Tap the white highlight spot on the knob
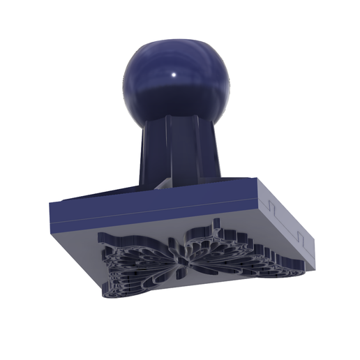coord(174,75)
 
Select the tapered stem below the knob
coord(180,150)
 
